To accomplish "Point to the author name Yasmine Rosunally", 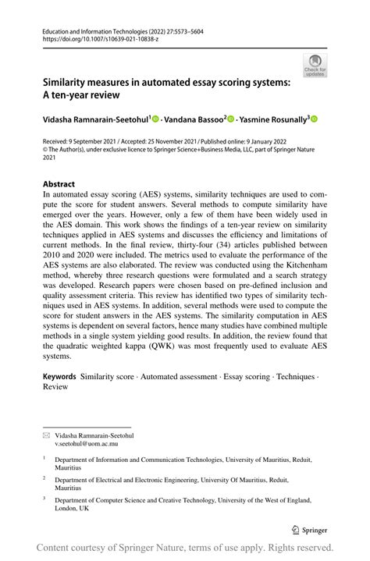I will pos(273,119).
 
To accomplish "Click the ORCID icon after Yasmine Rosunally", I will pos(315,119).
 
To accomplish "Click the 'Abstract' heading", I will pos(59,185).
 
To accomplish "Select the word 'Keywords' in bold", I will pos(59,376).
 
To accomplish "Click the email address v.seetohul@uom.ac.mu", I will pos(91,444).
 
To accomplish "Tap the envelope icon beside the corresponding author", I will pos(46,435).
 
